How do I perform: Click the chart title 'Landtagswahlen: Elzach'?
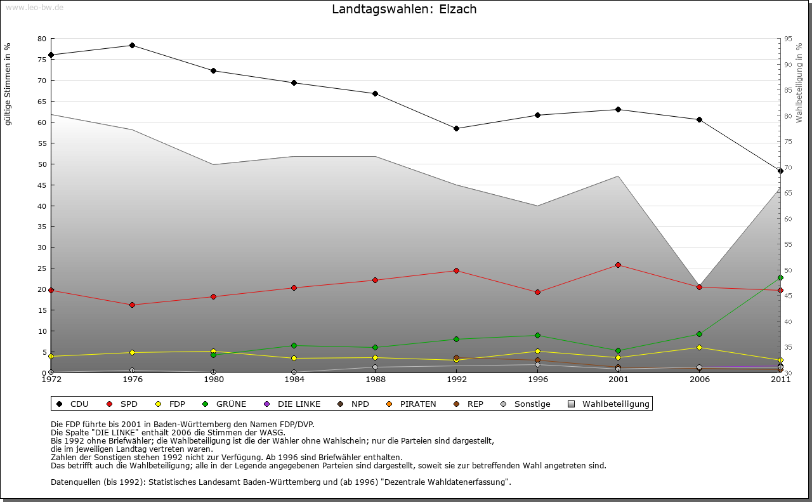[404, 10]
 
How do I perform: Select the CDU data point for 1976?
[132, 45]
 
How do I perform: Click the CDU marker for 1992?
[456, 128]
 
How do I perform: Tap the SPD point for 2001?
[619, 265]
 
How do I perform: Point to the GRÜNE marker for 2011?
[780, 277]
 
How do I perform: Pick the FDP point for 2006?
[699, 347]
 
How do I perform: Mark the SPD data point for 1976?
[132, 305]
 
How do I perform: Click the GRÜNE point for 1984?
[294, 345]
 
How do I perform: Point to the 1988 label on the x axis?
[376, 380]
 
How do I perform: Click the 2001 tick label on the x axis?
[619, 380]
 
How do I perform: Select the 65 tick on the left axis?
[42, 102]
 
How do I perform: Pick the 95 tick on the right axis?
[787, 39]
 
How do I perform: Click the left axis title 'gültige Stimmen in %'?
[8, 84]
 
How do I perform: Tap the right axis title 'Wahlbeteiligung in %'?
[799, 83]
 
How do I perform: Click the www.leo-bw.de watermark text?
[34, 7]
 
